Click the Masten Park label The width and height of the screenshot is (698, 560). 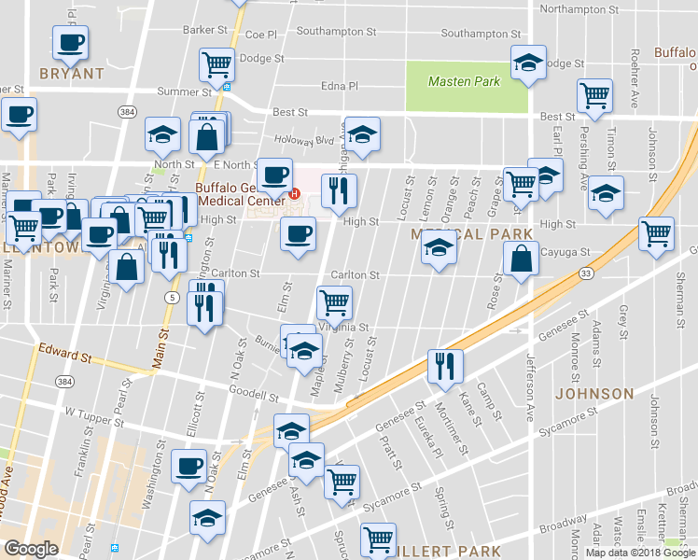464,82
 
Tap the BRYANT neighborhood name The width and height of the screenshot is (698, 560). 72,73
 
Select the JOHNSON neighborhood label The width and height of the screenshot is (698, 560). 594,395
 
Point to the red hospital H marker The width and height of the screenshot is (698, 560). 295,194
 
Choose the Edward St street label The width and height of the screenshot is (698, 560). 64,355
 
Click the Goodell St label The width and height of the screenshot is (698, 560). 255,396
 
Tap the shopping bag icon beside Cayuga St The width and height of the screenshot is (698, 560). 522,259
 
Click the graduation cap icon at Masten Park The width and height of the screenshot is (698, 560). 529,63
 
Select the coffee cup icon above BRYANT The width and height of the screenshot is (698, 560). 71,41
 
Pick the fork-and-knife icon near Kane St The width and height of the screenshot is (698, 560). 444,365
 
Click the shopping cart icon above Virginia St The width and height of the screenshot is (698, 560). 333,301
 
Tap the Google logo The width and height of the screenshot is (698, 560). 32,549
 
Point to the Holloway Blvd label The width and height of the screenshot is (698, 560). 311,142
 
